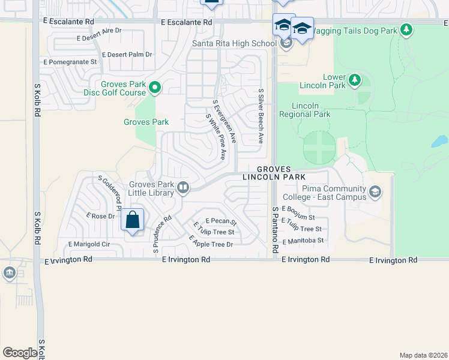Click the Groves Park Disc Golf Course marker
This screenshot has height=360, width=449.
point(155,88)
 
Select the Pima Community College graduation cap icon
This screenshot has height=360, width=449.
point(375,191)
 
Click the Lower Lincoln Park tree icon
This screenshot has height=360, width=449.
point(354,79)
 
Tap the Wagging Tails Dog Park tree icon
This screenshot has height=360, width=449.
point(407,29)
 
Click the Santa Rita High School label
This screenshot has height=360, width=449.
point(234,43)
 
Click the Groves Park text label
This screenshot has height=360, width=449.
point(146,122)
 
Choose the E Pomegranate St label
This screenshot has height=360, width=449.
point(68,62)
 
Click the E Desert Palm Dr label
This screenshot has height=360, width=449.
point(127,55)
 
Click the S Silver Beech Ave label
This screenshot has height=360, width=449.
point(261,116)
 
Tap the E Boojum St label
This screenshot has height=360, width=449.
point(303,218)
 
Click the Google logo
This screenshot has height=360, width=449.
point(20,353)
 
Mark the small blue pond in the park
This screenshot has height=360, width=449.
point(439,142)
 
